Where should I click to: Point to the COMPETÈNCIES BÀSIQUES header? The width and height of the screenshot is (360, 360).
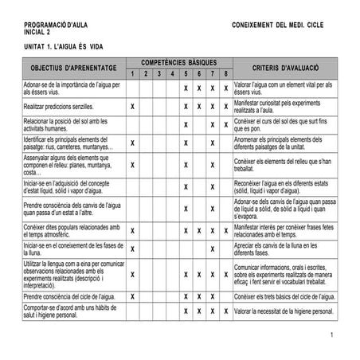pos(179,62)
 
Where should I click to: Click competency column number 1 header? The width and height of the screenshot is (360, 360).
pos(132,74)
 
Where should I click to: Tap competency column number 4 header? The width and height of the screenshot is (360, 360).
pos(172,74)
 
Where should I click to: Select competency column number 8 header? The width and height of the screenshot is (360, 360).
pos(226,74)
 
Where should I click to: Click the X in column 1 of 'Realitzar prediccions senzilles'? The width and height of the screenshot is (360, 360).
pos(132,105)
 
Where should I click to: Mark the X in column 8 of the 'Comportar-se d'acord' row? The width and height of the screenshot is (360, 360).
pos(226,311)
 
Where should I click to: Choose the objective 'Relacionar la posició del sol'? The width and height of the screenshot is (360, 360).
pos(67,123)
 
